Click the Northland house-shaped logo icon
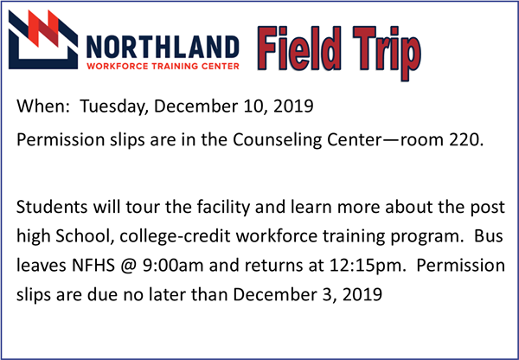pyautogui.click(x=43, y=39)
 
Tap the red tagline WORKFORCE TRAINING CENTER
pyautogui.click(x=163, y=66)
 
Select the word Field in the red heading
pyautogui.click(x=299, y=48)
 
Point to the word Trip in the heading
pyautogui.click(x=387, y=53)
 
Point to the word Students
pyautogui.click(x=52, y=208)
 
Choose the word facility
pyautogui.click(x=223, y=208)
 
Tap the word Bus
pyautogui.click(x=489, y=236)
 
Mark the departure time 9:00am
pyautogui.click(x=173, y=266)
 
